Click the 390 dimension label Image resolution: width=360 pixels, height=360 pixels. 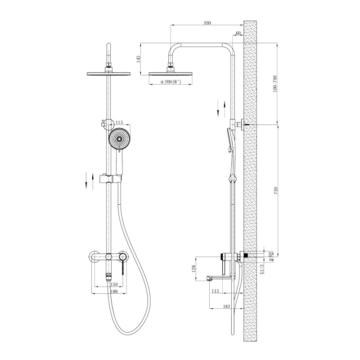pos(207,23)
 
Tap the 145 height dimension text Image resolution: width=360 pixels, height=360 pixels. pos(138,59)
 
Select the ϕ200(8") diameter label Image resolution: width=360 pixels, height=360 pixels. pos(171,82)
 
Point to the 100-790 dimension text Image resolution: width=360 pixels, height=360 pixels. pos(275,84)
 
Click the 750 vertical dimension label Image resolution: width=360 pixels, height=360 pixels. pos(276,190)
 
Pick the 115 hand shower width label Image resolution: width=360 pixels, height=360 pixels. pos(119,122)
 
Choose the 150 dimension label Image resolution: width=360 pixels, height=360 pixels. pos(114,284)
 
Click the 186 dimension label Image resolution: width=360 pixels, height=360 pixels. pos(114,291)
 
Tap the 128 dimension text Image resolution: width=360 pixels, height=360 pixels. pos(193,268)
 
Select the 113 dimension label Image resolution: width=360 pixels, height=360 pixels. pos(215,291)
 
